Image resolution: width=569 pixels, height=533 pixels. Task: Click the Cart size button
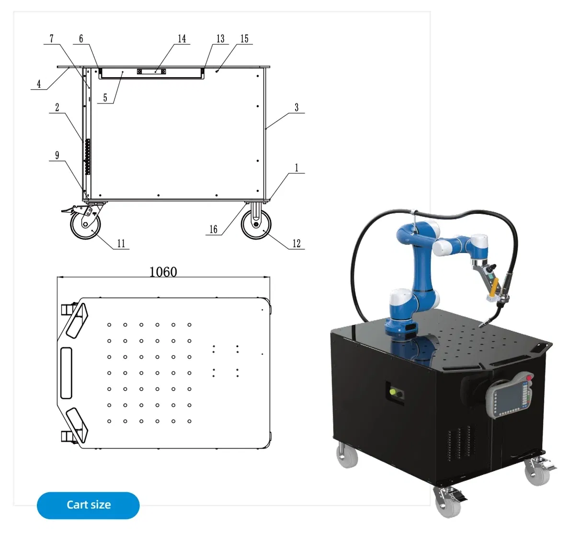coord(88,505)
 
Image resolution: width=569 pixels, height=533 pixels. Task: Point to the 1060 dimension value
coord(163,272)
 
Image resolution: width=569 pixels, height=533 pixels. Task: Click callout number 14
coord(182,38)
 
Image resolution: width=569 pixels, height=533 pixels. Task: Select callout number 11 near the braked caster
coord(121,243)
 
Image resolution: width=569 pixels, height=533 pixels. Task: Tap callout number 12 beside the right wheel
coord(296,243)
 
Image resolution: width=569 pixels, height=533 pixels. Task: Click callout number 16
coord(213,230)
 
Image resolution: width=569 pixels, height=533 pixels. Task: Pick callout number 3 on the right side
coord(296,107)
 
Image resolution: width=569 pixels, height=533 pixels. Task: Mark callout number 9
coord(57,155)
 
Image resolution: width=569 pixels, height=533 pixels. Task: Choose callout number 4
coord(39,84)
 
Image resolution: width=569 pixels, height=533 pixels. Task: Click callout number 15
coord(244,38)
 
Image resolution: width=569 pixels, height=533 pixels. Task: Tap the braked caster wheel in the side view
coord(86,225)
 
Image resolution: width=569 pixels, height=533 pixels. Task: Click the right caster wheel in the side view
coord(256,224)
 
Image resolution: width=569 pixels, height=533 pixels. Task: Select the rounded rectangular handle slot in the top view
coord(66,372)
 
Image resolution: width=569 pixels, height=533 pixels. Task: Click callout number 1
coord(296,168)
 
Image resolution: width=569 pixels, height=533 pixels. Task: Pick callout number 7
coord(52,38)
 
